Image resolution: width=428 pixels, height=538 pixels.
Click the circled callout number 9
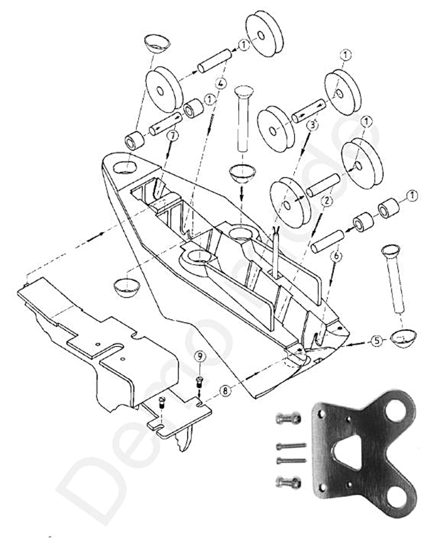pos(199,356)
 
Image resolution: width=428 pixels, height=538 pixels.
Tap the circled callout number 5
pos(375,341)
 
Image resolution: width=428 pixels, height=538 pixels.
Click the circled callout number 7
pos(172,136)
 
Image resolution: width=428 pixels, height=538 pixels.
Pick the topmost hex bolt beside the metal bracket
pos(288,419)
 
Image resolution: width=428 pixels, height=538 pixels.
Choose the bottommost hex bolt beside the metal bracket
pos(288,482)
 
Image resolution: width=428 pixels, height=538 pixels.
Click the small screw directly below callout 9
pos(199,381)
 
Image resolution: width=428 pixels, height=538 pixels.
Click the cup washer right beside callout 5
pos(403,336)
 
